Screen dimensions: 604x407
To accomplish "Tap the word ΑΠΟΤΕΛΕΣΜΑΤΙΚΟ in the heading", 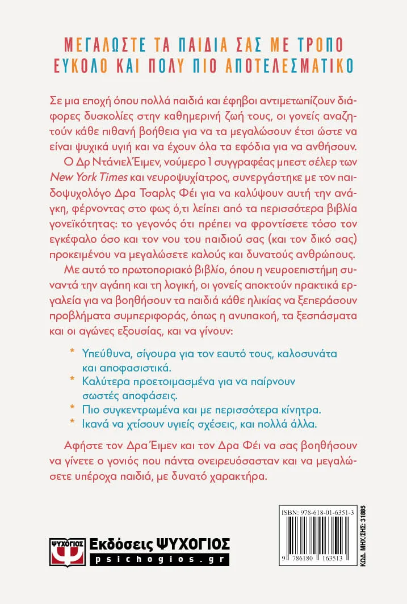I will tap(284, 62).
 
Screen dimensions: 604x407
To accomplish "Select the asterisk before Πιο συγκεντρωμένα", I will tap(72, 408).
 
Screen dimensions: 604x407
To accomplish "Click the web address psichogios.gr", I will tap(159, 559).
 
